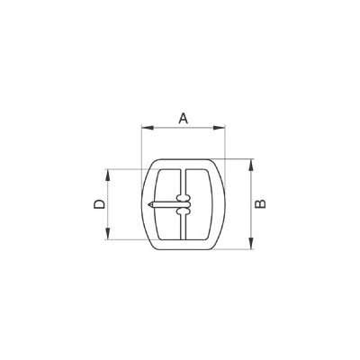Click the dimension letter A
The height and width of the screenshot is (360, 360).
coord(183,117)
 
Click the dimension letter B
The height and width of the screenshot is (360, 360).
coord(260,204)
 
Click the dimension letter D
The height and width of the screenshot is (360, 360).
coord(99,205)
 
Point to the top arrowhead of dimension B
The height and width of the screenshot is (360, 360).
coord(251,163)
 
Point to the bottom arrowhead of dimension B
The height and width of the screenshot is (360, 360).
coord(251,244)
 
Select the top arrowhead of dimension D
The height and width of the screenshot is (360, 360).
coord(109,172)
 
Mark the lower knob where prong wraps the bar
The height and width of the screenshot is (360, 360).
coord(184,215)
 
